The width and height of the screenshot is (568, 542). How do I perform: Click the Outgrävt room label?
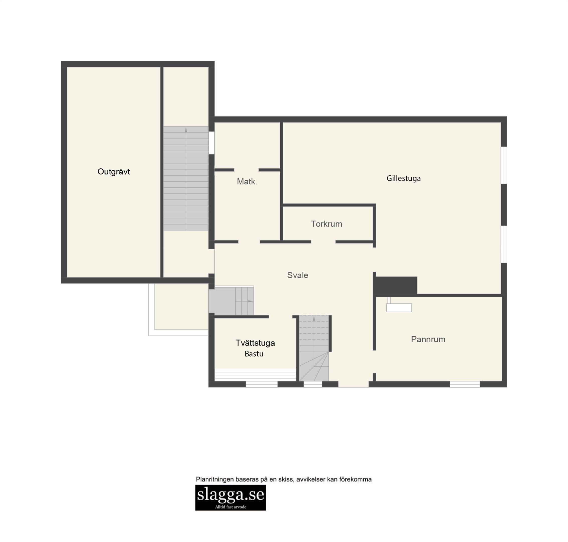[x=114, y=172]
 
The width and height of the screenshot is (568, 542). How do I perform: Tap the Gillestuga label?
[x=403, y=178]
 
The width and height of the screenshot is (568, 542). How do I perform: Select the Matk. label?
[x=247, y=181]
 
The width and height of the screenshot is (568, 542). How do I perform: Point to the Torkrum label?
[x=326, y=224]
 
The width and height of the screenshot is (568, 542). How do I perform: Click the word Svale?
[x=297, y=275]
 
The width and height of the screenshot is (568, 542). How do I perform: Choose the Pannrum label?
[x=428, y=339]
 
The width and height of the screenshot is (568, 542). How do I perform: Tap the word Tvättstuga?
[x=255, y=343]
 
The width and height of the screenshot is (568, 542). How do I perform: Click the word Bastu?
[x=254, y=354]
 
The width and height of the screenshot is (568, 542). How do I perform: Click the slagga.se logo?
[x=230, y=497]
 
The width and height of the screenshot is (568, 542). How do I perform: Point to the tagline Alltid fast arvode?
[x=230, y=507]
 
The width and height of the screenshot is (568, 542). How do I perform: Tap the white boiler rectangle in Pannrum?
[x=399, y=307]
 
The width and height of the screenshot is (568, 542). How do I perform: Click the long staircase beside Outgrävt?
[x=186, y=178]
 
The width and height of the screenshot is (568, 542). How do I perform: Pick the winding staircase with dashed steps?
[x=314, y=348]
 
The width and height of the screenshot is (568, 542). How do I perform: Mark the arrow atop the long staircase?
[x=186, y=129]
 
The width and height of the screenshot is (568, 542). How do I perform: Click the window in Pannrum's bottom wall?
[x=465, y=384]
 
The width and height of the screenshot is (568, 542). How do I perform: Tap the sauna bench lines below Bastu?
[x=255, y=375]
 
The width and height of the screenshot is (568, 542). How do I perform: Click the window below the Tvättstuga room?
[x=261, y=384]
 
